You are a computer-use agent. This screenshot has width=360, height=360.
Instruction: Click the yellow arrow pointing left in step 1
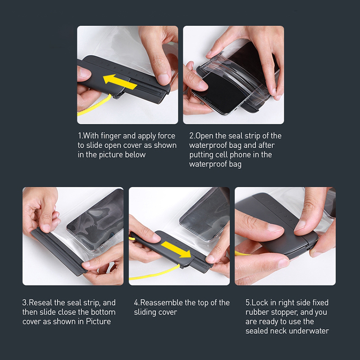click(119, 82)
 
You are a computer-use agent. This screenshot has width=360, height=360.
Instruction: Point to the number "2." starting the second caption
click(192, 136)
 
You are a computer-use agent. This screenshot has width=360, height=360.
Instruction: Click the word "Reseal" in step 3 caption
click(42, 303)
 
